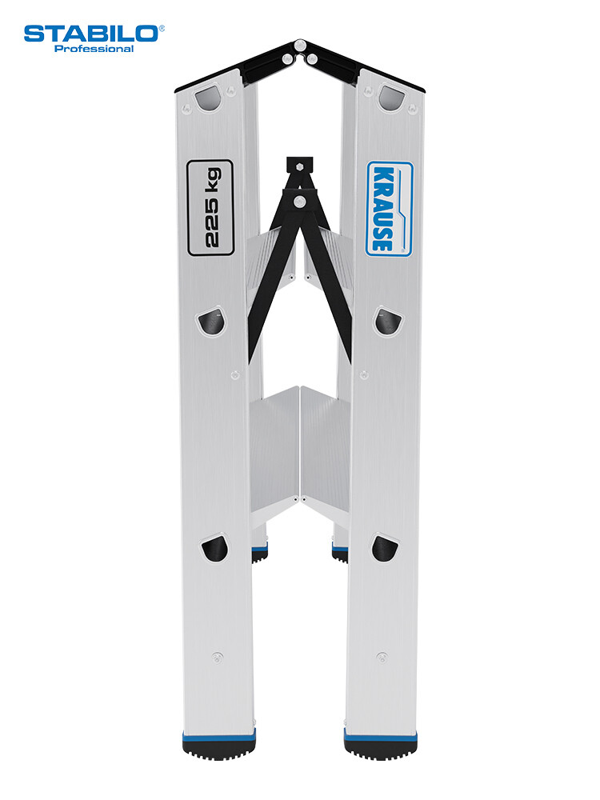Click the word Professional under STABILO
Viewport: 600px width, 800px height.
(x=94, y=49)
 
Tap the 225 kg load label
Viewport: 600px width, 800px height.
(x=210, y=208)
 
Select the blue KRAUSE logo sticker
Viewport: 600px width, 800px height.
(x=390, y=209)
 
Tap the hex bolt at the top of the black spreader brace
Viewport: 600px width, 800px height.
(x=299, y=166)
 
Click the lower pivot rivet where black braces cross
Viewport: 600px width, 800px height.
(x=300, y=201)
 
